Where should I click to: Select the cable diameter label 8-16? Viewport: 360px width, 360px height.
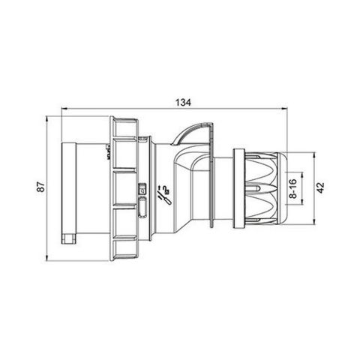[x=292, y=187]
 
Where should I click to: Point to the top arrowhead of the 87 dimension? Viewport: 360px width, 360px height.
[x=50, y=120]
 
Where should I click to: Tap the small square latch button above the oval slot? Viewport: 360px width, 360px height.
[x=142, y=188]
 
